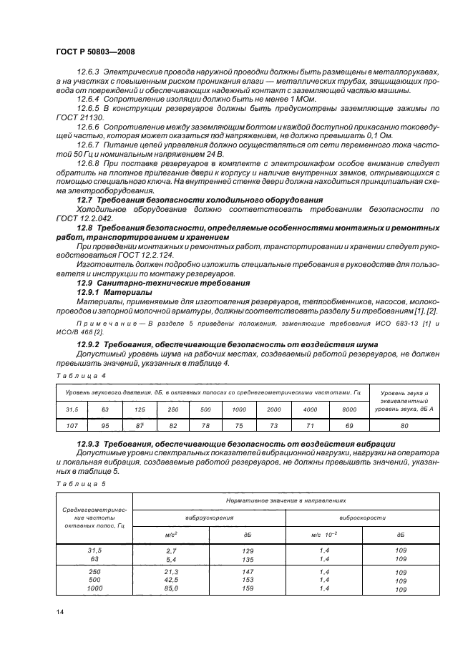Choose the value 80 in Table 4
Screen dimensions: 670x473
(404, 426)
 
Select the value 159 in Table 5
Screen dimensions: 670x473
(248, 588)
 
